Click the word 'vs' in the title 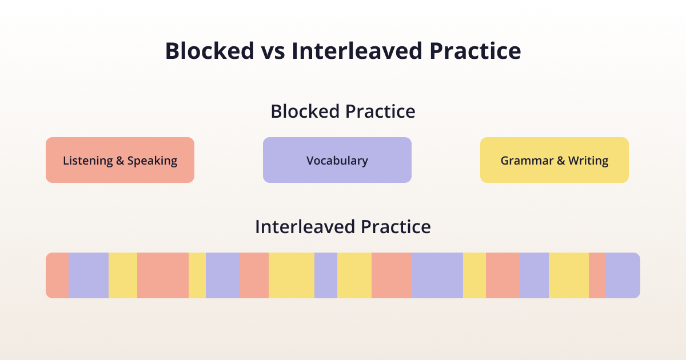point(273,51)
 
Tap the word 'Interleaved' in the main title point(357,51)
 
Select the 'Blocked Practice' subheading point(343,111)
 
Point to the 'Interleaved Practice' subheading point(343,227)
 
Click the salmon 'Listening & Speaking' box point(120,160)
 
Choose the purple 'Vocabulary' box point(337,160)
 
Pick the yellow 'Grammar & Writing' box point(555,160)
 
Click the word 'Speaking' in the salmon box point(152,161)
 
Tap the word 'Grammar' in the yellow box point(527,161)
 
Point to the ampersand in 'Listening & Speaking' point(120,161)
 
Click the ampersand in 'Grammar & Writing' point(561,161)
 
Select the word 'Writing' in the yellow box point(588,161)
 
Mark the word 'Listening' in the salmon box point(88,161)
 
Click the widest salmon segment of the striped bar point(162,275)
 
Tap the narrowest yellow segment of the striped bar point(197,275)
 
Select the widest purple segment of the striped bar point(437,275)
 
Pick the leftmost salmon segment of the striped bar point(57,275)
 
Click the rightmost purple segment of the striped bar point(623,275)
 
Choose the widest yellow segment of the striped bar point(292,275)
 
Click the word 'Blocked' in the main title point(210,51)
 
